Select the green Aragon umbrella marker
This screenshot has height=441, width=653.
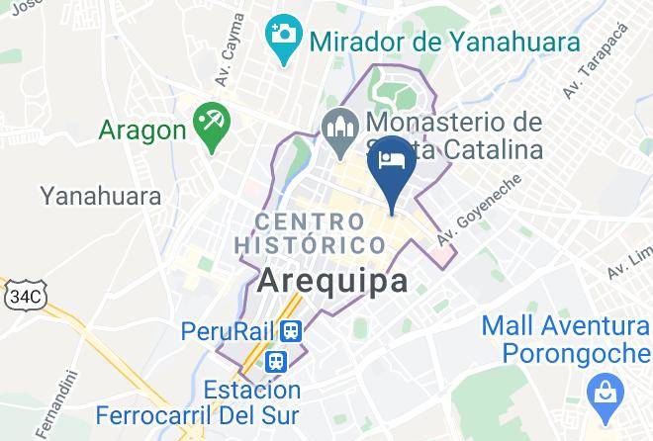pos(211,126)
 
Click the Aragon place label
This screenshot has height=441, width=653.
pos(142,130)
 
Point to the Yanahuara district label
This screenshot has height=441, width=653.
pos(101,195)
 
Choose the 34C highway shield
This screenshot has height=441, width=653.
pos(27,296)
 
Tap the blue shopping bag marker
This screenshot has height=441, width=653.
pos(602,395)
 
